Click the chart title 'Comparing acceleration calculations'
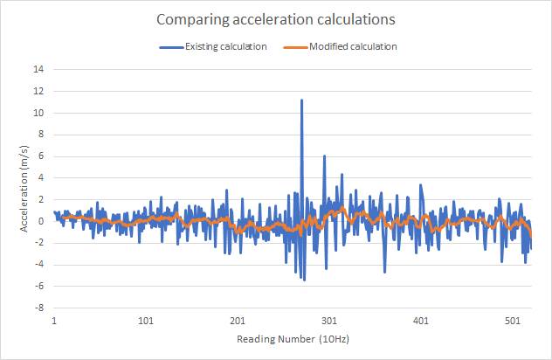(x=276, y=18)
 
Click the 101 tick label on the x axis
(x=146, y=321)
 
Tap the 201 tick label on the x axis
(x=238, y=321)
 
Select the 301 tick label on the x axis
(x=329, y=321)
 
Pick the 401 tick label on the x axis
(x=421, y=321)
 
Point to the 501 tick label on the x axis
(x=513, y=321)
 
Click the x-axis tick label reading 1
(x=54, y=321)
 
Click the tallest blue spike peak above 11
(x=301, y=100)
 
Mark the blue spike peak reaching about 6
(x=324, y=156)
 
